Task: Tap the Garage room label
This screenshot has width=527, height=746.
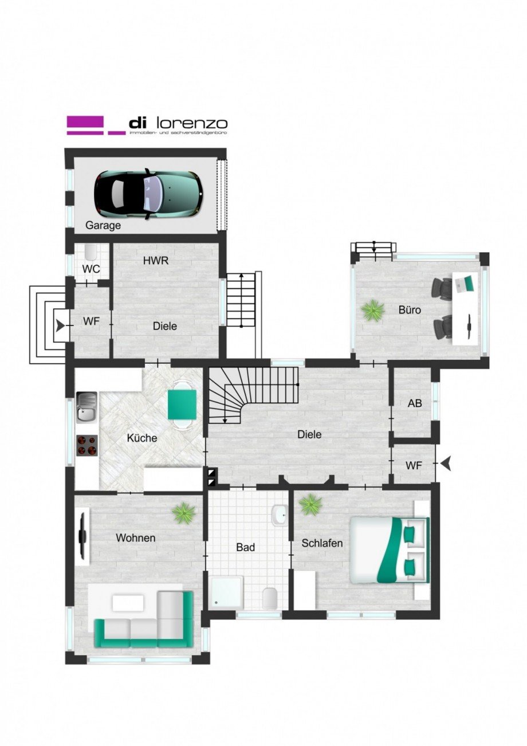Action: (103, 225)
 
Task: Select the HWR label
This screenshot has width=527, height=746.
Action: (156, 260)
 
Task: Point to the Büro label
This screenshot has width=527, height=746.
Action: (410, 310)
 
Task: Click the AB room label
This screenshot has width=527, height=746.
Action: (415, 403)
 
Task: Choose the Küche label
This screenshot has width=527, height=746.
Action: (141, 438)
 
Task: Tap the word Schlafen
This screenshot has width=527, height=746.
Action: (323, 543)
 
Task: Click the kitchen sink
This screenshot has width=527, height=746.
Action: (86, 407)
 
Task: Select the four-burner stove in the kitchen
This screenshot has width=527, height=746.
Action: (86, 445)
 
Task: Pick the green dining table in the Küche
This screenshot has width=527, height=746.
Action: (182, 404)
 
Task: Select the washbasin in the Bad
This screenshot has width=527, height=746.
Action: (280, 515)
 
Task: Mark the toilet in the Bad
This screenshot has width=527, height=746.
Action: (270, 599)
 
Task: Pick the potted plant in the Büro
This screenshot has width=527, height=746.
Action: (372, 311)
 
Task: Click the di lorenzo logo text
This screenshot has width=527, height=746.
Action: (178, 123)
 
